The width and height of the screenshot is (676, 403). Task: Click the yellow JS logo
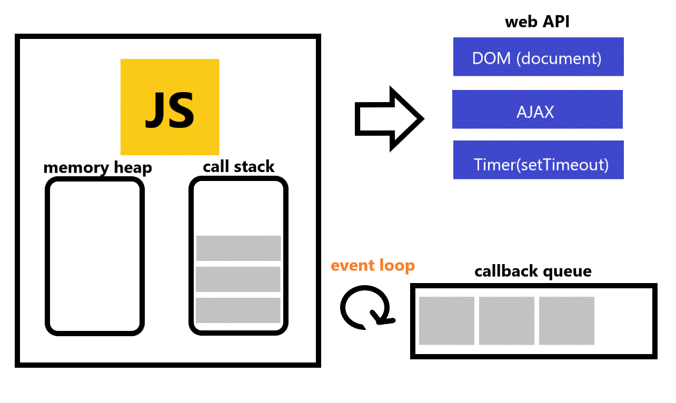point(170,107)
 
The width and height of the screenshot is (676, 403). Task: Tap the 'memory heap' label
point(97,168)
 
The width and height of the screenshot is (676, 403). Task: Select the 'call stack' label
point(238,167)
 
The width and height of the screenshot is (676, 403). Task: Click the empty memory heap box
point(95,256)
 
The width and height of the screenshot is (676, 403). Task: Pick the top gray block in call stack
point(238,248)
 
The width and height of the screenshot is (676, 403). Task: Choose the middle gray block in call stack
point(238,279)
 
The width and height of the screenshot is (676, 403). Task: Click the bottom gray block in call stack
point(238,310)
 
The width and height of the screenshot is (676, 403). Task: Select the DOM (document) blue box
point(538,57)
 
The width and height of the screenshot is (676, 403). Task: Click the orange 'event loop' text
point(373,265)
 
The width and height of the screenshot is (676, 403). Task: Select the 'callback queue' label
point(533,271)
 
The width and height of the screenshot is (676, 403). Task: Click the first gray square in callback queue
point(446,321)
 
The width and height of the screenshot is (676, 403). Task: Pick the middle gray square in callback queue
point(506,321)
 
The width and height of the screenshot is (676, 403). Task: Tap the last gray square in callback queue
point(566,321)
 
